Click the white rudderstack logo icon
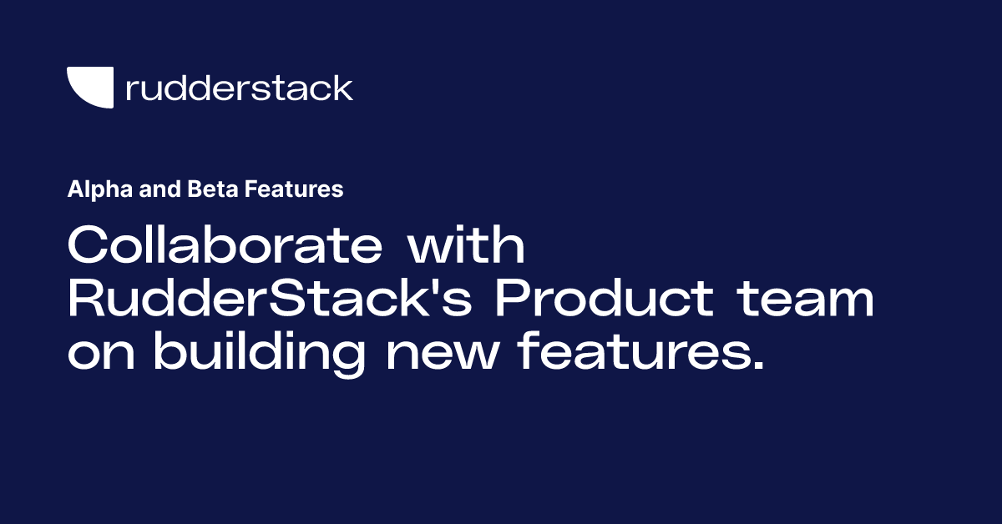pos(89,87)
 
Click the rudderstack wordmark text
pos(239,88)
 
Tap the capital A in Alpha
pos(73,190)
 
